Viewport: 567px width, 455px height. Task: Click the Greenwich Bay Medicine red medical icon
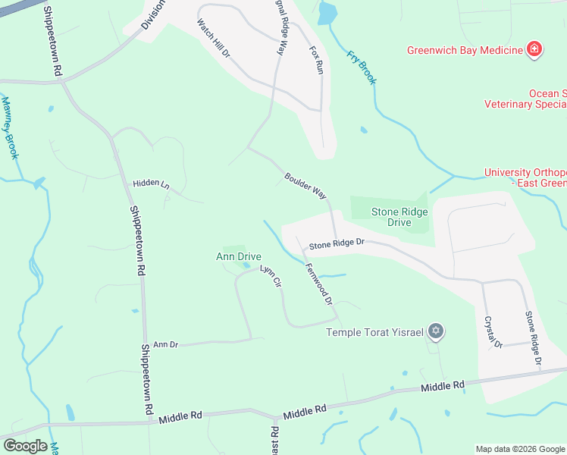pyautogui.click(x=534, y=50)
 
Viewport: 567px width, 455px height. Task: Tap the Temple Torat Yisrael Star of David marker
pyautogui.click(x=435, y=331)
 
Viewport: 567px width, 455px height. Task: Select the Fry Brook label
pyautogui.click(x=362, y=66)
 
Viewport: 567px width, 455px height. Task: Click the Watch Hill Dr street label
pyautogui.click(x=213, y=41)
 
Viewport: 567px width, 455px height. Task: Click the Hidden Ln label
pyautogui.click(x=150, y=184)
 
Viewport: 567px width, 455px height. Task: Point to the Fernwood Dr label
pyautogui.click(x=319, y=283)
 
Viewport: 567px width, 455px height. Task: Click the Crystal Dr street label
pyautogui.click(x=493, y=331)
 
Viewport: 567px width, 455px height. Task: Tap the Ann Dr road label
pyautogui.click(x=165, y=345)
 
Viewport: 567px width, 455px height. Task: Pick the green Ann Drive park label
pyautogui.click(x=239, y=257)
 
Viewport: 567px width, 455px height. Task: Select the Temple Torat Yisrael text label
pyautogui.click(x=374, y=332)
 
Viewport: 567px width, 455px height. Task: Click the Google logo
pyautogui.click(x=24, y=446)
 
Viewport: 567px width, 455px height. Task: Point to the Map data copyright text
pyautogui.click(x=519, y=449)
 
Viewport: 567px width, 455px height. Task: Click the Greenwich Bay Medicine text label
pyautogui.click(x=465, y=51)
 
